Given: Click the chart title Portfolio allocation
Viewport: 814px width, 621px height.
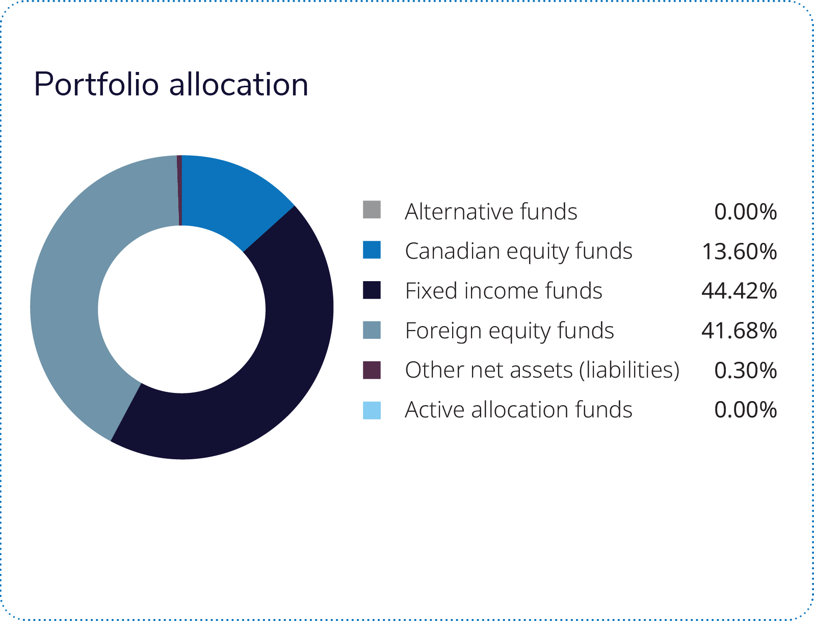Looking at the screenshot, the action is coord(171,85).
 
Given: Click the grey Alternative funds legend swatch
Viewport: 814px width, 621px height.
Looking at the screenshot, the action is coord(372,210).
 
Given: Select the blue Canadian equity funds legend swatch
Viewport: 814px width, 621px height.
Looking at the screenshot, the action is coord(372,250).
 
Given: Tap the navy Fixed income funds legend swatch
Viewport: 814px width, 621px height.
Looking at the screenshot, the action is coord(372,290).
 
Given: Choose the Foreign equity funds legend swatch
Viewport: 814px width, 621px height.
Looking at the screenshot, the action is coord(372,330).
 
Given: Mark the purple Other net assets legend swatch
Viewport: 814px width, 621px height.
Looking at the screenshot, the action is coord(372,370).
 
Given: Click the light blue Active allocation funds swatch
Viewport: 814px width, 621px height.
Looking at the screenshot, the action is coord(372,410).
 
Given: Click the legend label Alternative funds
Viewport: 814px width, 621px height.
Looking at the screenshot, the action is coord(491,212).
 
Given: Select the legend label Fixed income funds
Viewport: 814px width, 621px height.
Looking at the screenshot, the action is coord(504,291).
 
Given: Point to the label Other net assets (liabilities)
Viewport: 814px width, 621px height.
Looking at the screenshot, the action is coord(542,370).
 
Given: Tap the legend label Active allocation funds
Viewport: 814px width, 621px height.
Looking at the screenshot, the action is coord(518,410).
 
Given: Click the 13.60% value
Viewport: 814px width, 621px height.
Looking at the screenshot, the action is coord(739,252).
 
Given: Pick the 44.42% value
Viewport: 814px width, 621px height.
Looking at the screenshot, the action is coord(739,291).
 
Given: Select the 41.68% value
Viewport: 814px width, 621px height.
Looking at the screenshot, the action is coord(739,331).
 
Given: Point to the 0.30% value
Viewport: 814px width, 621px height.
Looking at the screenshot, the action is coord(745,370).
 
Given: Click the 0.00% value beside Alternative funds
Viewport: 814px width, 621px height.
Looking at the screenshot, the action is coord(745,212).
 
